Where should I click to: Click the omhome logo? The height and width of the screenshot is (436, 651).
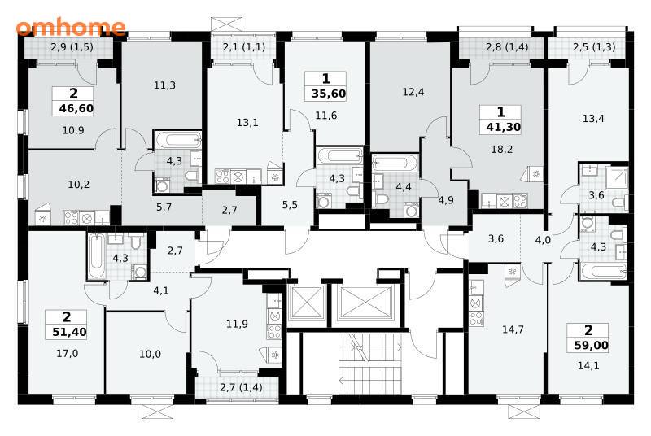tap(71, 27)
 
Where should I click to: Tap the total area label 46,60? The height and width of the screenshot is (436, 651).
tap(76, 109)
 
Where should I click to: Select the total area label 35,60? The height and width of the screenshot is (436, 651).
tap(329, 94)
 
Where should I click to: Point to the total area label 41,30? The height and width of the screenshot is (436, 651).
tap(504, 128)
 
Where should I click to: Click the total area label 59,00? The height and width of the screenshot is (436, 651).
tap(592, 345)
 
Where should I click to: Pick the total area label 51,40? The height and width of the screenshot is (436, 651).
tap(70, 332)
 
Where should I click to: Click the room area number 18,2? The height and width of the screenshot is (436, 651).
tap(502, 150)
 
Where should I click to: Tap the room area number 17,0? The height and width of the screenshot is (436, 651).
tap(68, 354)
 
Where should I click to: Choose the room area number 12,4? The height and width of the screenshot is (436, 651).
tap(413, 92)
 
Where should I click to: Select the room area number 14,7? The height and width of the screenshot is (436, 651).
tap(513, 329)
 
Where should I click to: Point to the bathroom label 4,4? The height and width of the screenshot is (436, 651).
tap(403, 187)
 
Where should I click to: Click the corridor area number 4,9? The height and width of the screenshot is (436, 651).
tap(446, 200)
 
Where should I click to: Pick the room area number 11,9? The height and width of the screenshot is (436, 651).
tap(237, 324)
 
